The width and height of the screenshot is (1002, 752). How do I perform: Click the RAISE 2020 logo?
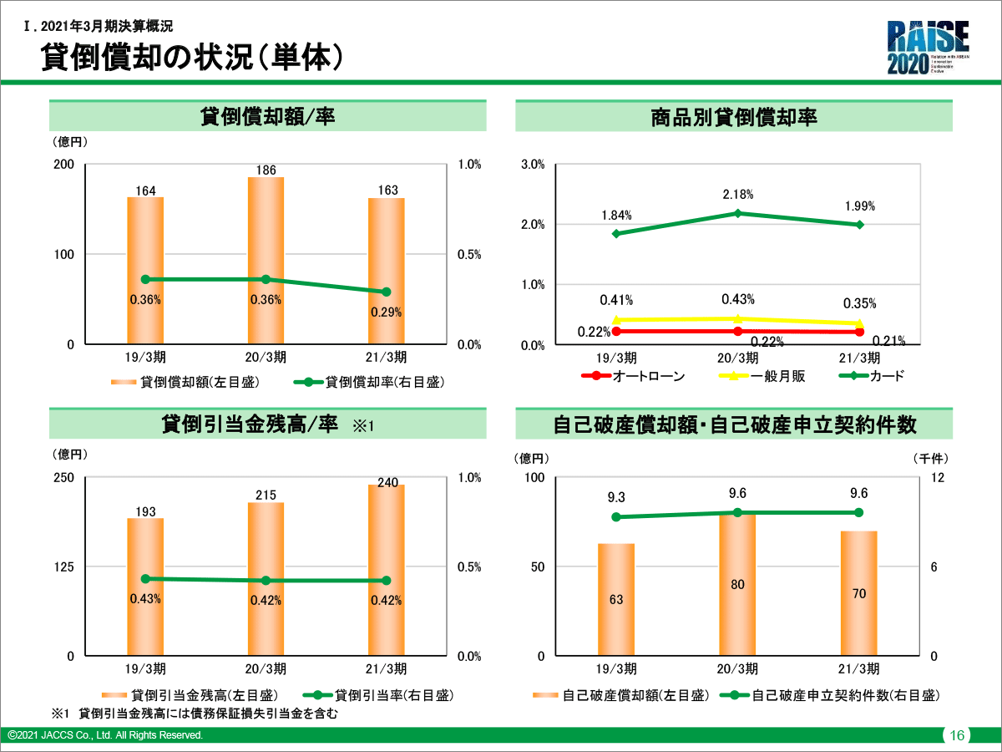928,48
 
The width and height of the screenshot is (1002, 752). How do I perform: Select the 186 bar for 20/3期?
266,260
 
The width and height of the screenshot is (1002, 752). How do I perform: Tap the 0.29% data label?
387,312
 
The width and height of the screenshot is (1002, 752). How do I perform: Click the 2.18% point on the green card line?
737,213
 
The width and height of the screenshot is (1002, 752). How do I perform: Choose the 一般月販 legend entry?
762,376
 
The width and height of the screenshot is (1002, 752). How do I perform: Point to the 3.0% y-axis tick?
533,165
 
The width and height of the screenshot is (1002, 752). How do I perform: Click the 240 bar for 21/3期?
387,570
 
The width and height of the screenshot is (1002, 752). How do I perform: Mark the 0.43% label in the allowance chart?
145,599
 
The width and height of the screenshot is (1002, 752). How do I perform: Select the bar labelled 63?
616,599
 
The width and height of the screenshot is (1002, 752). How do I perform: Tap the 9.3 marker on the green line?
616,517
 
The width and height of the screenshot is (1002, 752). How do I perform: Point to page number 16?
957,735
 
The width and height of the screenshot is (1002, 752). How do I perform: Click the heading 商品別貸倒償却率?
733,117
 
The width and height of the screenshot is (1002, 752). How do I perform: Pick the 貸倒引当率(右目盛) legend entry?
381,695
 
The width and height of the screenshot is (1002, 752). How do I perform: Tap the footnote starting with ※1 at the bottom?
196,714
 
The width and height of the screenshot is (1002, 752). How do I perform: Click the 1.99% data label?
859,206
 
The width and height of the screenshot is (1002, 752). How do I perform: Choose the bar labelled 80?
737,584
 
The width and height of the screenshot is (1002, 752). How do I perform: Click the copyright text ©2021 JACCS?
105,735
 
